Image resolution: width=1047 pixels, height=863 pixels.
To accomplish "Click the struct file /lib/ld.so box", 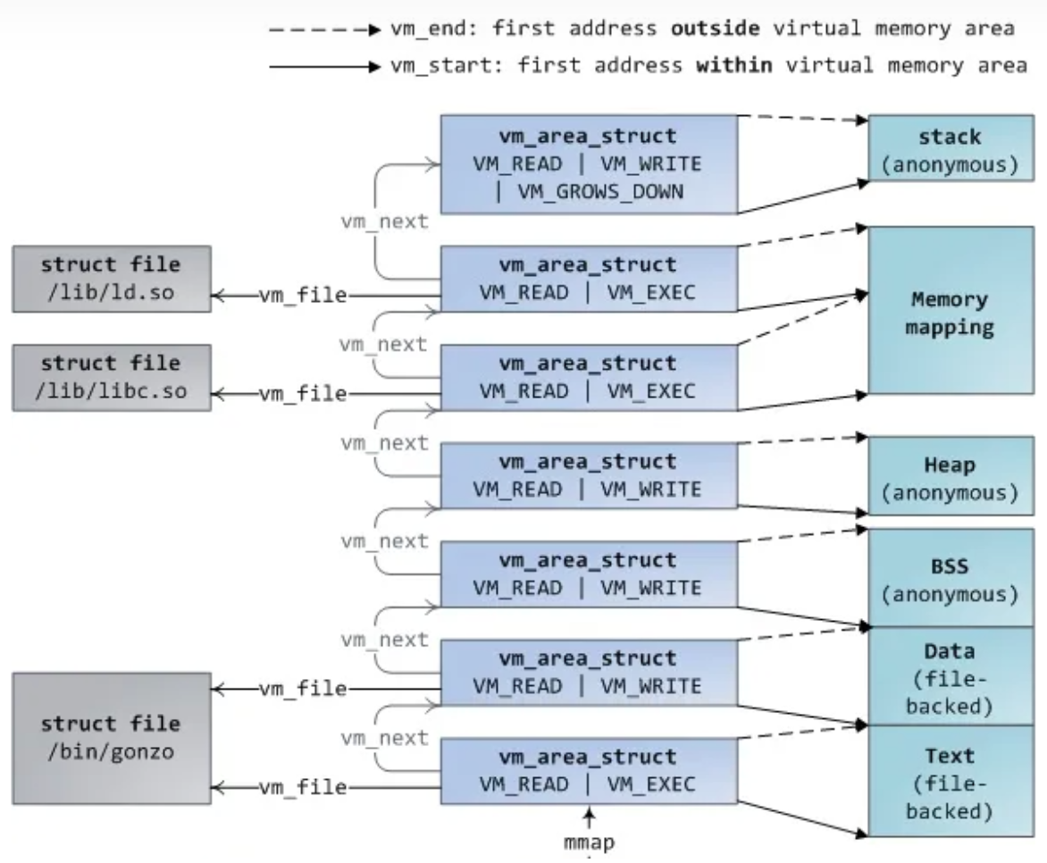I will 112,279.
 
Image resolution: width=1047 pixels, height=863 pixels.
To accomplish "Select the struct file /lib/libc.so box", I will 112,378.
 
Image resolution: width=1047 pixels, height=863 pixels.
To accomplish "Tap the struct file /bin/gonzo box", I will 112,737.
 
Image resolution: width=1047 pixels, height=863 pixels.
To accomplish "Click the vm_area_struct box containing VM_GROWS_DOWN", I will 589,163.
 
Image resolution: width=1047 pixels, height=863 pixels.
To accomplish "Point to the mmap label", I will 590,843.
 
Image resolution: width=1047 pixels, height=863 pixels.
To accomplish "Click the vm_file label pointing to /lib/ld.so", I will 302,296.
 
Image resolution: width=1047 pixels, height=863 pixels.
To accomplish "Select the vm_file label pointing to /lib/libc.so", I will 302,393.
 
